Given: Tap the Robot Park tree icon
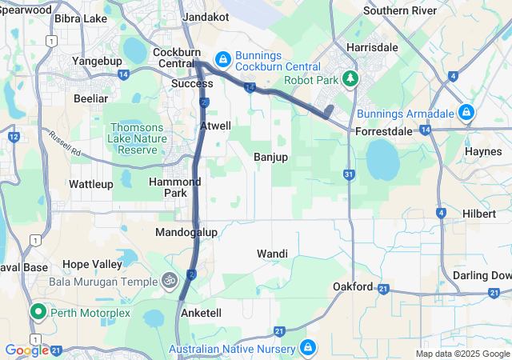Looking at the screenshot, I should [349, 78].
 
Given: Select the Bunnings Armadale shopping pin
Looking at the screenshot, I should [466, 113].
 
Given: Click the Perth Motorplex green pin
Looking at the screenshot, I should [38, 310].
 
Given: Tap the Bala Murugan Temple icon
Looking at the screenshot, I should [169, 281].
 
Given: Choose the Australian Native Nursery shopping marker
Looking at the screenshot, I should [307, 346].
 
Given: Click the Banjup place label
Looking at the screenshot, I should [270, 157].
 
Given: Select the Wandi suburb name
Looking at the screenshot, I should [272, 254].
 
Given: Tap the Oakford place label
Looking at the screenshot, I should [353, 286].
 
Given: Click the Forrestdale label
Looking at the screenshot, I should [385, 130].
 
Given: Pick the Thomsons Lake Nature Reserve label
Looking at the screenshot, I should [137, 138].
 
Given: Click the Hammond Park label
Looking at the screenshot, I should [174, 187].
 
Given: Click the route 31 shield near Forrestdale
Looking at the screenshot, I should [349, 174].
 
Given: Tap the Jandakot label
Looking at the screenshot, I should [206, 16].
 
